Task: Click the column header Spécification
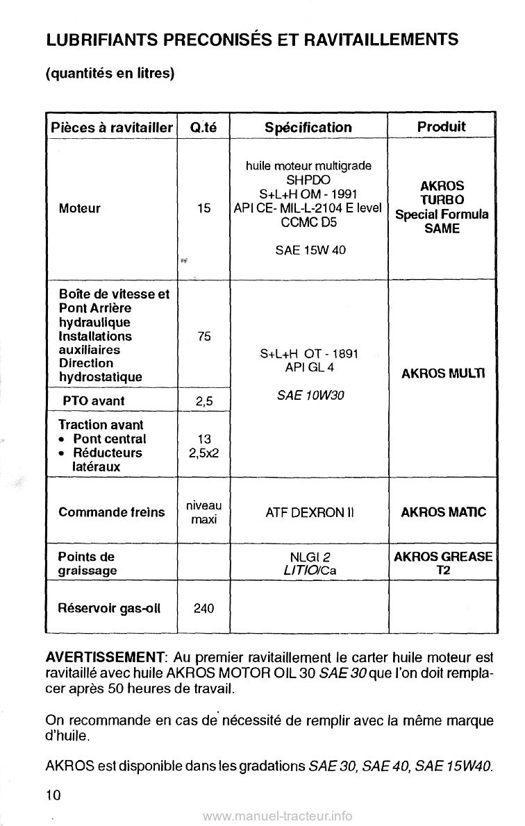coord(308,127)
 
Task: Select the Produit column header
coord(441,126)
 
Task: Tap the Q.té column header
coord(203,127)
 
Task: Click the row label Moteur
coord(80,208)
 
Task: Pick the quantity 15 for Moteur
coord(203,208)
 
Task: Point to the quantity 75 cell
coord(203,336)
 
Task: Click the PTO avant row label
coord(91,401)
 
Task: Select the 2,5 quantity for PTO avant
coord(203,401)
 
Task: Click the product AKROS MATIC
coord(444,513)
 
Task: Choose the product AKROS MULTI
coord(444,373)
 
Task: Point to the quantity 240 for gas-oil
coord(203,608)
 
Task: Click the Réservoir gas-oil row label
coord(110,608)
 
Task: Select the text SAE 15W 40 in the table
coord(309,250)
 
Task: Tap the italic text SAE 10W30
coord(308,395)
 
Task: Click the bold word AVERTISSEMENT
coord(104,657)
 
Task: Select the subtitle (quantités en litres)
coord(110,73)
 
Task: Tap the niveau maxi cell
coord(203,512)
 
